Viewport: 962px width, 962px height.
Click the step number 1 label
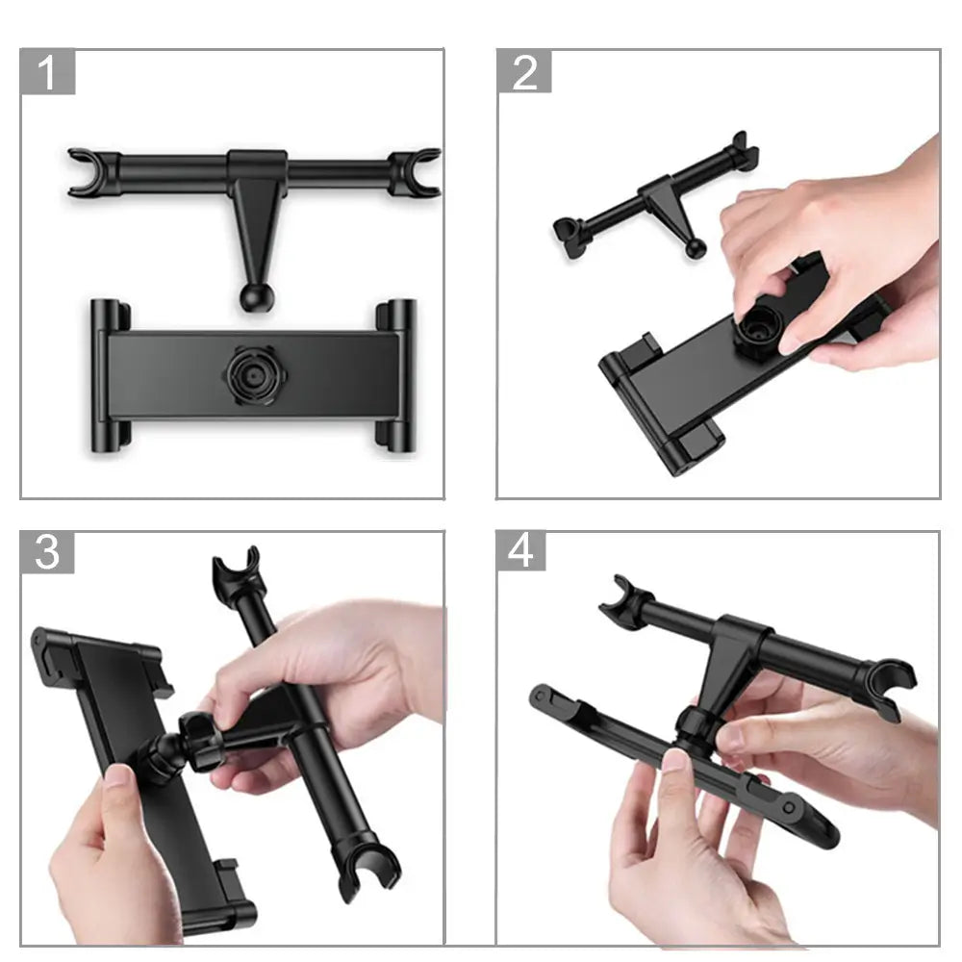(x=47, y=73)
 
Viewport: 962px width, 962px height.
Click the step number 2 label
(x=524, y=73)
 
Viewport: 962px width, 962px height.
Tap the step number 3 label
(x=47, y=552)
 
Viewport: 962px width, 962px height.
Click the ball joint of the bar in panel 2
(x=696, y=248)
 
